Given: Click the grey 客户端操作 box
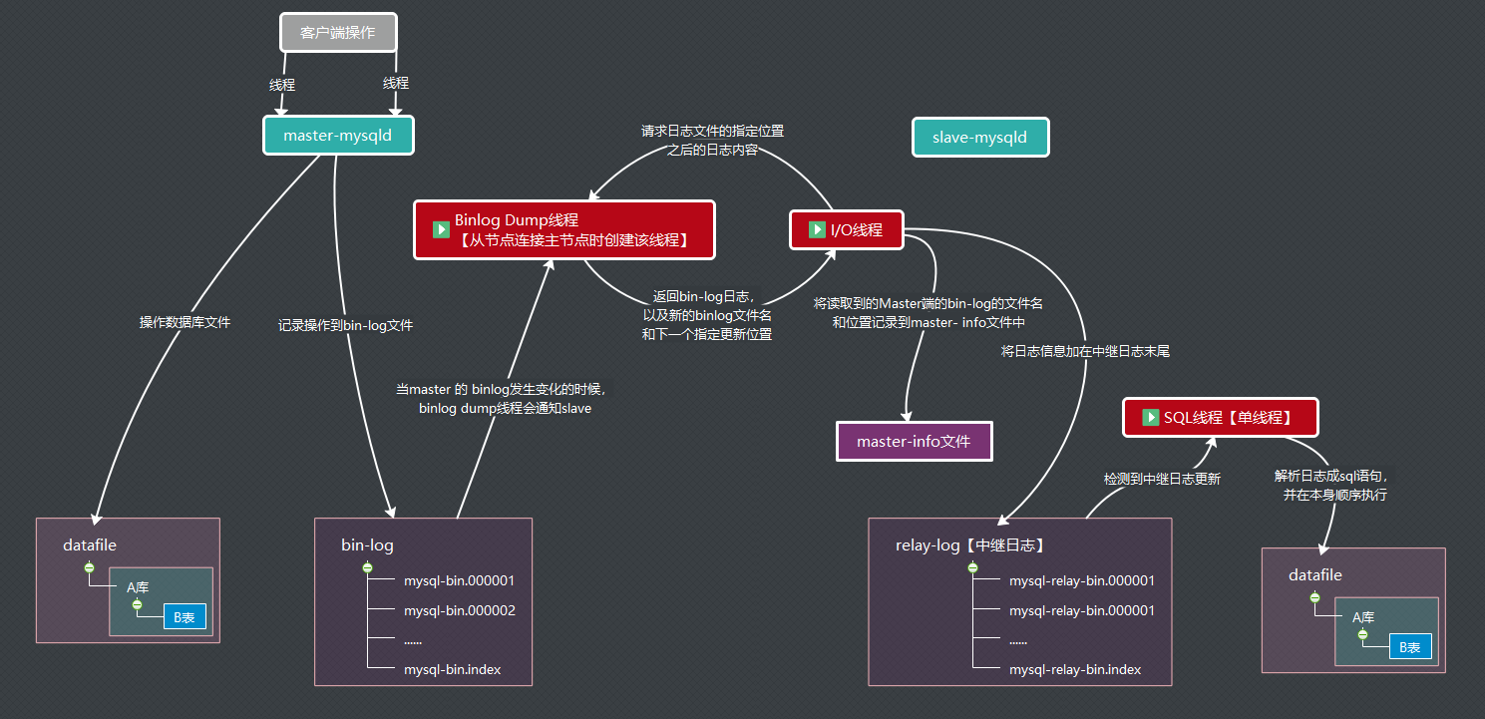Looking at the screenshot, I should (338, 33).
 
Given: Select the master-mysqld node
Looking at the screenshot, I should (338, 136).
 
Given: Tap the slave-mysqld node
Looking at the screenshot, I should (979, 138).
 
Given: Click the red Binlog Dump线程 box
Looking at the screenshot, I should (564, 230).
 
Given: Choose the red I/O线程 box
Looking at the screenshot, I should (846, 230).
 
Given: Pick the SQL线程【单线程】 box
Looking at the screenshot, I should (1220, 418).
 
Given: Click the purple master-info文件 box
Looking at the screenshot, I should (915, 441).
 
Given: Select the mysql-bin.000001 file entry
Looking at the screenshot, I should (459, 580).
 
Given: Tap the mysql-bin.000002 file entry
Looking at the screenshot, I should (459, 610).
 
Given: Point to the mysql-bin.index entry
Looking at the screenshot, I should (452, 669).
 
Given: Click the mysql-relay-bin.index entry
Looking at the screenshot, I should (1074, 669).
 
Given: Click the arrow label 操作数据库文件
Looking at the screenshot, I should (185, 322).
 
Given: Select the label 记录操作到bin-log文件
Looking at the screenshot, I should (345, 325).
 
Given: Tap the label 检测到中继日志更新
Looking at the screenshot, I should (1161, 479).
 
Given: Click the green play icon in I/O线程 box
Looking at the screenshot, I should (817, 230).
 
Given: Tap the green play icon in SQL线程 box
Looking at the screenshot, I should (1149, 418).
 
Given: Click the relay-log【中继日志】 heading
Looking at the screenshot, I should (969, 545).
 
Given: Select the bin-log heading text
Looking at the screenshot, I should (367, 545).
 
